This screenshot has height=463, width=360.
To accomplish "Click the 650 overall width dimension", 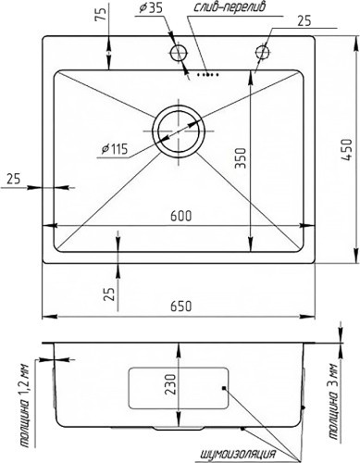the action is click(180, 306).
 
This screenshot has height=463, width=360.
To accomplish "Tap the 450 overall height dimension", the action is click(347, 149).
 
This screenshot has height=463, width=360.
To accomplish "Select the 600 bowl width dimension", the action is click(181, 216).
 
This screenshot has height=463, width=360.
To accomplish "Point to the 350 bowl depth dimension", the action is click(241, 158).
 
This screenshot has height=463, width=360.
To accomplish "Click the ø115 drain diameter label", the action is click(115, 149).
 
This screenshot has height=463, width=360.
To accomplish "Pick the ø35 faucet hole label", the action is click(151, 8).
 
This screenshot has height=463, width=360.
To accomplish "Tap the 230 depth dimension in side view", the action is click(170, 384).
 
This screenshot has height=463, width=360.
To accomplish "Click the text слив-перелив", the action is click(230, 7).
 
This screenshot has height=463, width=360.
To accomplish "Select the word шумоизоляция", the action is click(238, 455).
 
